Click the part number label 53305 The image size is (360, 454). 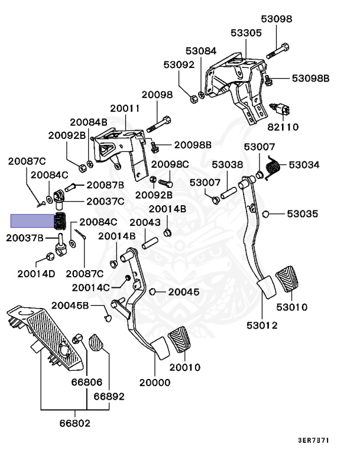pyautogui.click(x=246, y=33)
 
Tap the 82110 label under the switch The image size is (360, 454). pyautogui.click(x=283, y=127)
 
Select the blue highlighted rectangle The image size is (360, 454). pyautogui.click(x=32, y=222)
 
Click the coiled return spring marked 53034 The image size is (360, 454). pyautogui.click(x=273, y=167)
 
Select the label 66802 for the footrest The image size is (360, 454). pyautogui.click(x=75, y=424)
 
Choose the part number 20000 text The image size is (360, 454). pyautogui.click(x=155, y=382)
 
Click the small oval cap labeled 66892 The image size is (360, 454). pyautogui.click(x=96, y=342)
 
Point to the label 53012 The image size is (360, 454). pyautogui.click(x=262, y=325)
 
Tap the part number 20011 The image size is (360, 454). pyautogui.click(x=125, y=109)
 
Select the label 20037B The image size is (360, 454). pyautogui.click(x=25, y=238)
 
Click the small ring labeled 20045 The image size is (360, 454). pyautogui.click(x=153, y=291)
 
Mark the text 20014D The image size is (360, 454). pyautogui.click(x=36, y=273)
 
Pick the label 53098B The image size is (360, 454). pyautogui.click(x=310, y=78)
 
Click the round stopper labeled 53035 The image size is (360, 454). pyautogui.click(x=266, y=213)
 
